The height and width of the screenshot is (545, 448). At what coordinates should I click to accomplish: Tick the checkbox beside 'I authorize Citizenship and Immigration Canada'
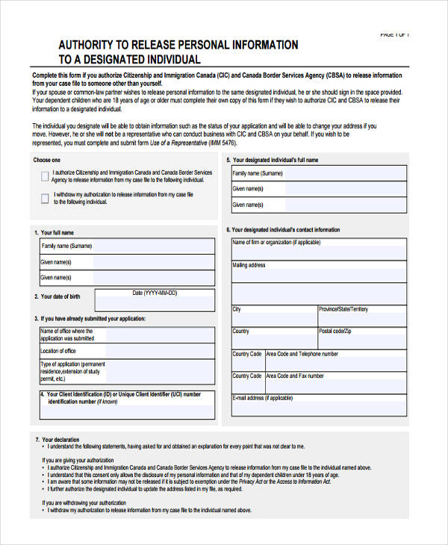[45, 175]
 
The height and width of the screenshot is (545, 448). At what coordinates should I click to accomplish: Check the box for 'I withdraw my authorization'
[45, 198]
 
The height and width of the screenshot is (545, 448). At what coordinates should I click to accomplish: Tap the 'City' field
[273, 316]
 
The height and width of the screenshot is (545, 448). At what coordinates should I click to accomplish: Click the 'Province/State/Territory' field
[362, 316]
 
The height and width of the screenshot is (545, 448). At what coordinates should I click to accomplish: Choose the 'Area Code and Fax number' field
[335, 381]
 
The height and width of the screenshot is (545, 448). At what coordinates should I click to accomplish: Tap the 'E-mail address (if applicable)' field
[319, 405]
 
